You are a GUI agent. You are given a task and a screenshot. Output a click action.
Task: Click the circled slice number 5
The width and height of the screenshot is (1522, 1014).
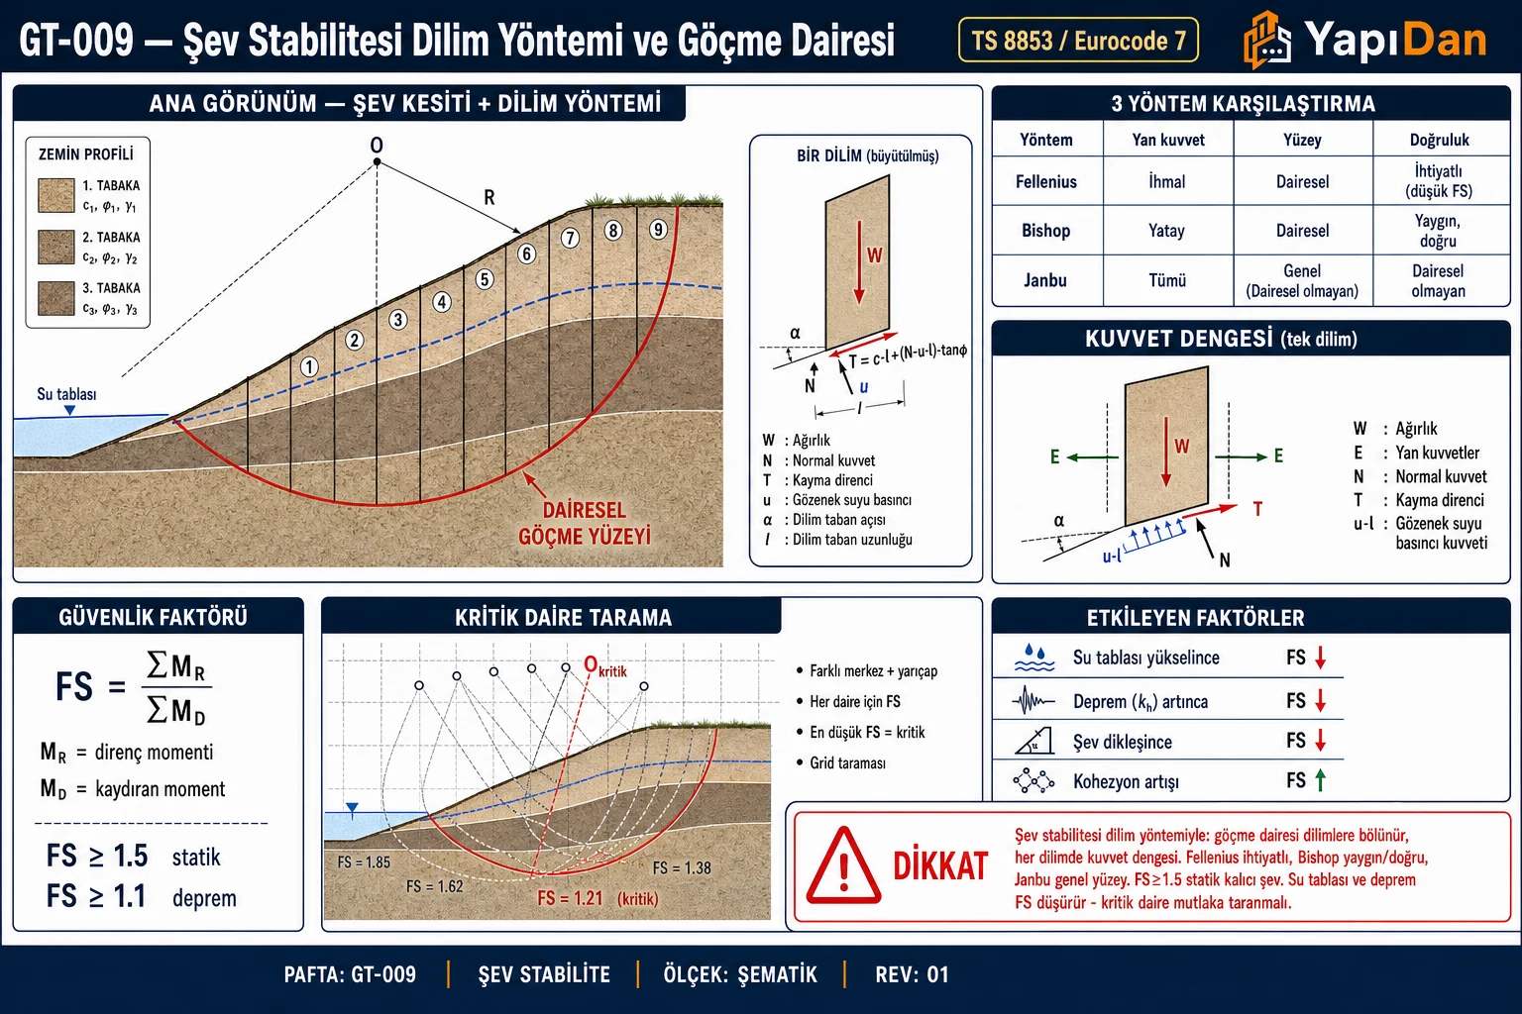(484, 279)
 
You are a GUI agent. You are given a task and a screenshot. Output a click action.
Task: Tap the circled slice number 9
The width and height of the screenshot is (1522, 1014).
(657, 230)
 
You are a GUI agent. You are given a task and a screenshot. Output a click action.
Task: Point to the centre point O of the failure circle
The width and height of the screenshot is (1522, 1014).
(378, 161)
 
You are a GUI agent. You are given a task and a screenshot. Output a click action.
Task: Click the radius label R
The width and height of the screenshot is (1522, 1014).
(489, 198)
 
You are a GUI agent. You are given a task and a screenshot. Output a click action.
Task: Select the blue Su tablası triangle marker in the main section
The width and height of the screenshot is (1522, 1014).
(69, 410)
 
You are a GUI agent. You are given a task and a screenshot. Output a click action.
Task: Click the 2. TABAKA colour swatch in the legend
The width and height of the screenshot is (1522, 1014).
(56, 247)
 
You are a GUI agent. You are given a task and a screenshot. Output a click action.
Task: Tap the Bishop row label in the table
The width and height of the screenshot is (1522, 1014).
(1045, 231)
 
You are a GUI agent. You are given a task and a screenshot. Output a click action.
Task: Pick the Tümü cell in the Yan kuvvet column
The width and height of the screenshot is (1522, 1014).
(1167, 280)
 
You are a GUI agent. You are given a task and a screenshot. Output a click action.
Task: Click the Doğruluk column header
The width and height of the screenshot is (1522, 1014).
(1439, 140)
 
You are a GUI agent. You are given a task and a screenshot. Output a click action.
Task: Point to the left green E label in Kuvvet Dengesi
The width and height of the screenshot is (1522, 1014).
(1054, 456)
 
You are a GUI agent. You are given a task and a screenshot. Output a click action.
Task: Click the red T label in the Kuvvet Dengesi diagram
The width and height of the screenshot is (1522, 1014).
(1257, 509)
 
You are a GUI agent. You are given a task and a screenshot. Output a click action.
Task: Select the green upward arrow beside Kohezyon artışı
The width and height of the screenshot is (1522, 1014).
(1320, 779)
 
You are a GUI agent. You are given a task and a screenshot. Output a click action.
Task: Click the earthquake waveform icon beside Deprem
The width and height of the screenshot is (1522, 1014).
(1033, 700)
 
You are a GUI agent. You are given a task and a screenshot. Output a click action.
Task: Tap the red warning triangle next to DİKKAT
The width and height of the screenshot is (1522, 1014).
(843, 864)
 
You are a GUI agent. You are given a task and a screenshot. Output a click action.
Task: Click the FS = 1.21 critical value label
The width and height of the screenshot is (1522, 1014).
(570, 898)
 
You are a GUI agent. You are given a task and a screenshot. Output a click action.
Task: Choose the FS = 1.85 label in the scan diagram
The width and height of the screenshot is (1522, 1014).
(364, 862)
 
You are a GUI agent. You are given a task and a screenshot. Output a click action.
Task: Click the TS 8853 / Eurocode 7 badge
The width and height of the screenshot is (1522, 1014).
(1078, 40)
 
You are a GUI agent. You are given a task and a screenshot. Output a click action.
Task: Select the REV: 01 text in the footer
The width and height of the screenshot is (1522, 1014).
(912, 974)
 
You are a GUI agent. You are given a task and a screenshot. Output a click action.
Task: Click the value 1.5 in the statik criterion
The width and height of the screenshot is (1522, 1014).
(130, 856)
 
